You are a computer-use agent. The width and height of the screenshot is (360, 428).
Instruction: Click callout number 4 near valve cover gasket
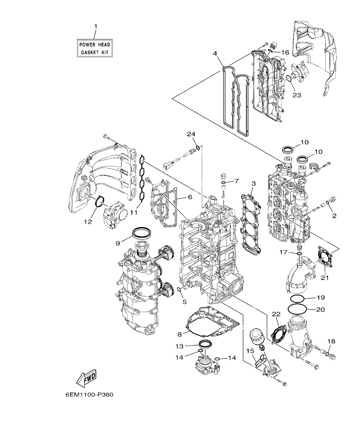pos(215,53)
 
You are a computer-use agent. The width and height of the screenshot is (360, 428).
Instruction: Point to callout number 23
pos(297,95)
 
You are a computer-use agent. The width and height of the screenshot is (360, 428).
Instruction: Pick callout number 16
pos(285,52)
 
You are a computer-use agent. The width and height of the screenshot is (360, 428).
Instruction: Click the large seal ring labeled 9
pos(141,233)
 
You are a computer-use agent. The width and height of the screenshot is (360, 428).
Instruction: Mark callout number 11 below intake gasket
pos(134,212)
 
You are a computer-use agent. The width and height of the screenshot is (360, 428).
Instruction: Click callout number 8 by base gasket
pos(180,334)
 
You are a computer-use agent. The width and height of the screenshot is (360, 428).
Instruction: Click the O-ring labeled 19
pos(298,298)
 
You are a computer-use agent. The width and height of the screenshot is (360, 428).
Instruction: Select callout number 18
pos(331,341)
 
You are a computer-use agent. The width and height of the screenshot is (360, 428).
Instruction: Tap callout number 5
pos(185,301)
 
